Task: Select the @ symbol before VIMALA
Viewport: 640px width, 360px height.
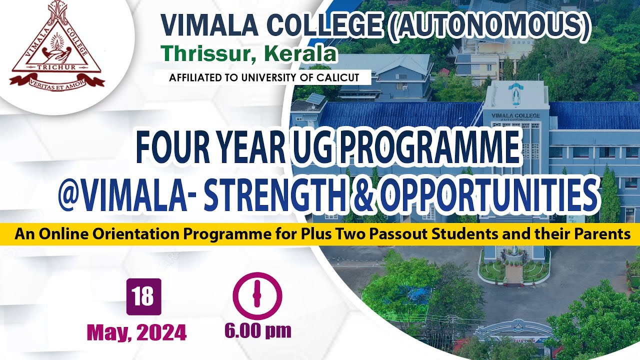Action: coord(70,193)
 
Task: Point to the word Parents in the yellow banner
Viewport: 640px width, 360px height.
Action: coord(604,234)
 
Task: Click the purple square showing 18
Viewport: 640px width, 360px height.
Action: coord(143,296)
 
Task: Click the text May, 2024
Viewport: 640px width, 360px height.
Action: coord(136,332)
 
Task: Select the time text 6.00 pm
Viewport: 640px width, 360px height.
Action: coord(257,330)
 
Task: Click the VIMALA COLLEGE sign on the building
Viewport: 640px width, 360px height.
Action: coord(515,116)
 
